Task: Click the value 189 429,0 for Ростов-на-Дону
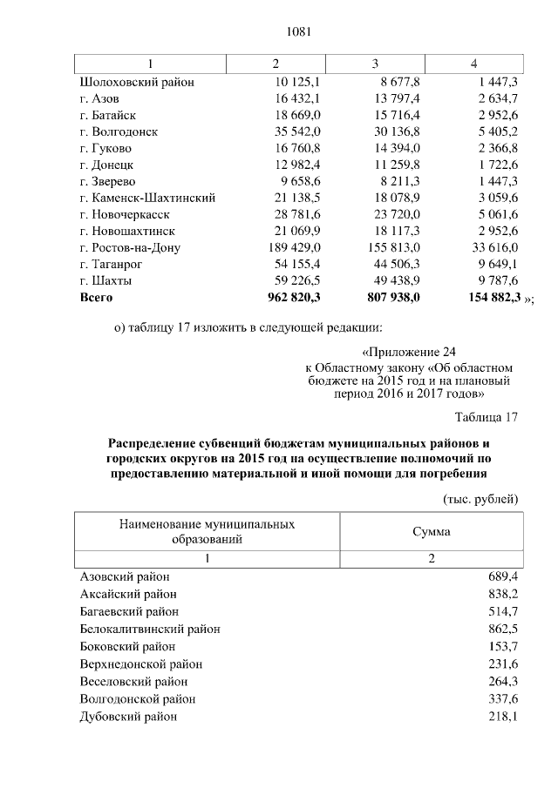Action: (294, 247)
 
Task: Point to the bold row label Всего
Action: (97, 297)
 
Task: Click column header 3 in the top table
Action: (375, 64)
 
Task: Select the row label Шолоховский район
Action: (136, 82)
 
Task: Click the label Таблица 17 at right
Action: (487, 417)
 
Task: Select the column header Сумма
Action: (431, 531)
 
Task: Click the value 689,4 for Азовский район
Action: (502, 576)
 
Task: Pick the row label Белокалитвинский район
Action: (150, 629)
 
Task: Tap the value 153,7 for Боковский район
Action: (502, 646)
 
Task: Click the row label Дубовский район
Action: (128, 716)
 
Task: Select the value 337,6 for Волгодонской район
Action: (502, 698)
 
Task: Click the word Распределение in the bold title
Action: (155, 442)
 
